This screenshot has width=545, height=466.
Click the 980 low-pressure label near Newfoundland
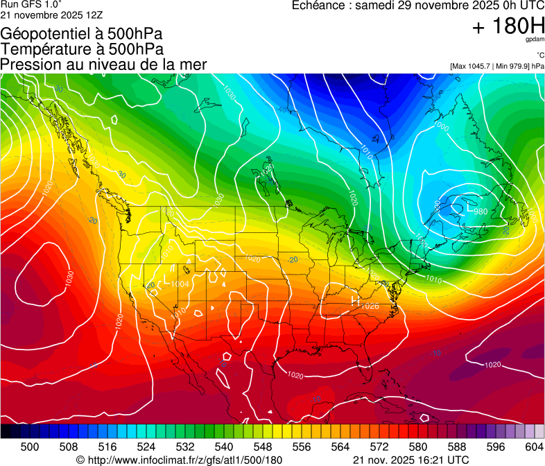pos(481,212)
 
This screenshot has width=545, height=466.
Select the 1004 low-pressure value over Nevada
pos(180,284)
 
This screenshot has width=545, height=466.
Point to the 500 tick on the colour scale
pos(30,447)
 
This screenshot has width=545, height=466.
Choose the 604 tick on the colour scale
pos(534,447)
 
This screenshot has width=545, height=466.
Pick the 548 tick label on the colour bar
pos(282,447)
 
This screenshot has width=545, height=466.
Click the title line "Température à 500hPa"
pos(82,49)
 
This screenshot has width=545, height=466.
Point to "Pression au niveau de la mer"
pos(103,64)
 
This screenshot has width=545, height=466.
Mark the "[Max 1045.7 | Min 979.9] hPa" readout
pos(497,66)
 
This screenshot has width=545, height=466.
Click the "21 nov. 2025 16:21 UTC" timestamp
pos(410,460)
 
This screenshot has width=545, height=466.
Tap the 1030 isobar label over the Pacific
pos(69,277)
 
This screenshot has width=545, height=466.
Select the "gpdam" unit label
pos(535,40)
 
